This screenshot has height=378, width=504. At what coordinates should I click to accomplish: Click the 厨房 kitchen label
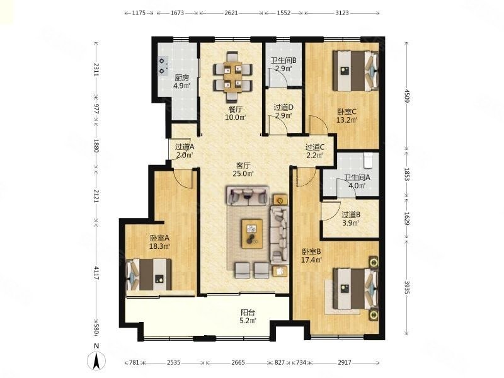[x=181, y=77]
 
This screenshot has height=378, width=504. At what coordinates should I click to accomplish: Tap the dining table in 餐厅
[x=232, y=76]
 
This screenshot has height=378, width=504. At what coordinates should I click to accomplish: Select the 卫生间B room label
[x=283, y=60]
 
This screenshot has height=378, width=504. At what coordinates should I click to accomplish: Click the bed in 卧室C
[x=355, y=71]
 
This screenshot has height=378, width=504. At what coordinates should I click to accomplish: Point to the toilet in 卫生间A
[x=368, y=161]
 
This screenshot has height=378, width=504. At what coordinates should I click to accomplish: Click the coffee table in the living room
[x=252, y=234]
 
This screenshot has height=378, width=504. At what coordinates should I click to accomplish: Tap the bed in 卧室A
[x=149, y=275]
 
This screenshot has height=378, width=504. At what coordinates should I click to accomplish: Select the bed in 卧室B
[x=355, y=289]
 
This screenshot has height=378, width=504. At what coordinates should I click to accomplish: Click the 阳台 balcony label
[x=248, y=312]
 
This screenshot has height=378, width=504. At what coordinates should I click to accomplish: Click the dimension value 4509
[x=407, y=96]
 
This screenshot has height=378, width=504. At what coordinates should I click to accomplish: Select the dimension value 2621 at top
[x=231, y=13]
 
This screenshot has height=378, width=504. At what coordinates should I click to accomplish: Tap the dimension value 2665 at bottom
[x=238, y=363]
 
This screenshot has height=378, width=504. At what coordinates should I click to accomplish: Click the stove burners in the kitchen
[x=163, y=66]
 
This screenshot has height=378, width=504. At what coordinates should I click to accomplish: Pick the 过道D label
[x=283, y=107]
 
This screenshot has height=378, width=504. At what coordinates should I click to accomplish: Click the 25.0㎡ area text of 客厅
[x=243, y=174]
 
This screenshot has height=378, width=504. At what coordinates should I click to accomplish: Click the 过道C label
[x=314, y=147]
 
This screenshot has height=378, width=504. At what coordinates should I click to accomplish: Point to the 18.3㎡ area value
[x=159, y=246]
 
